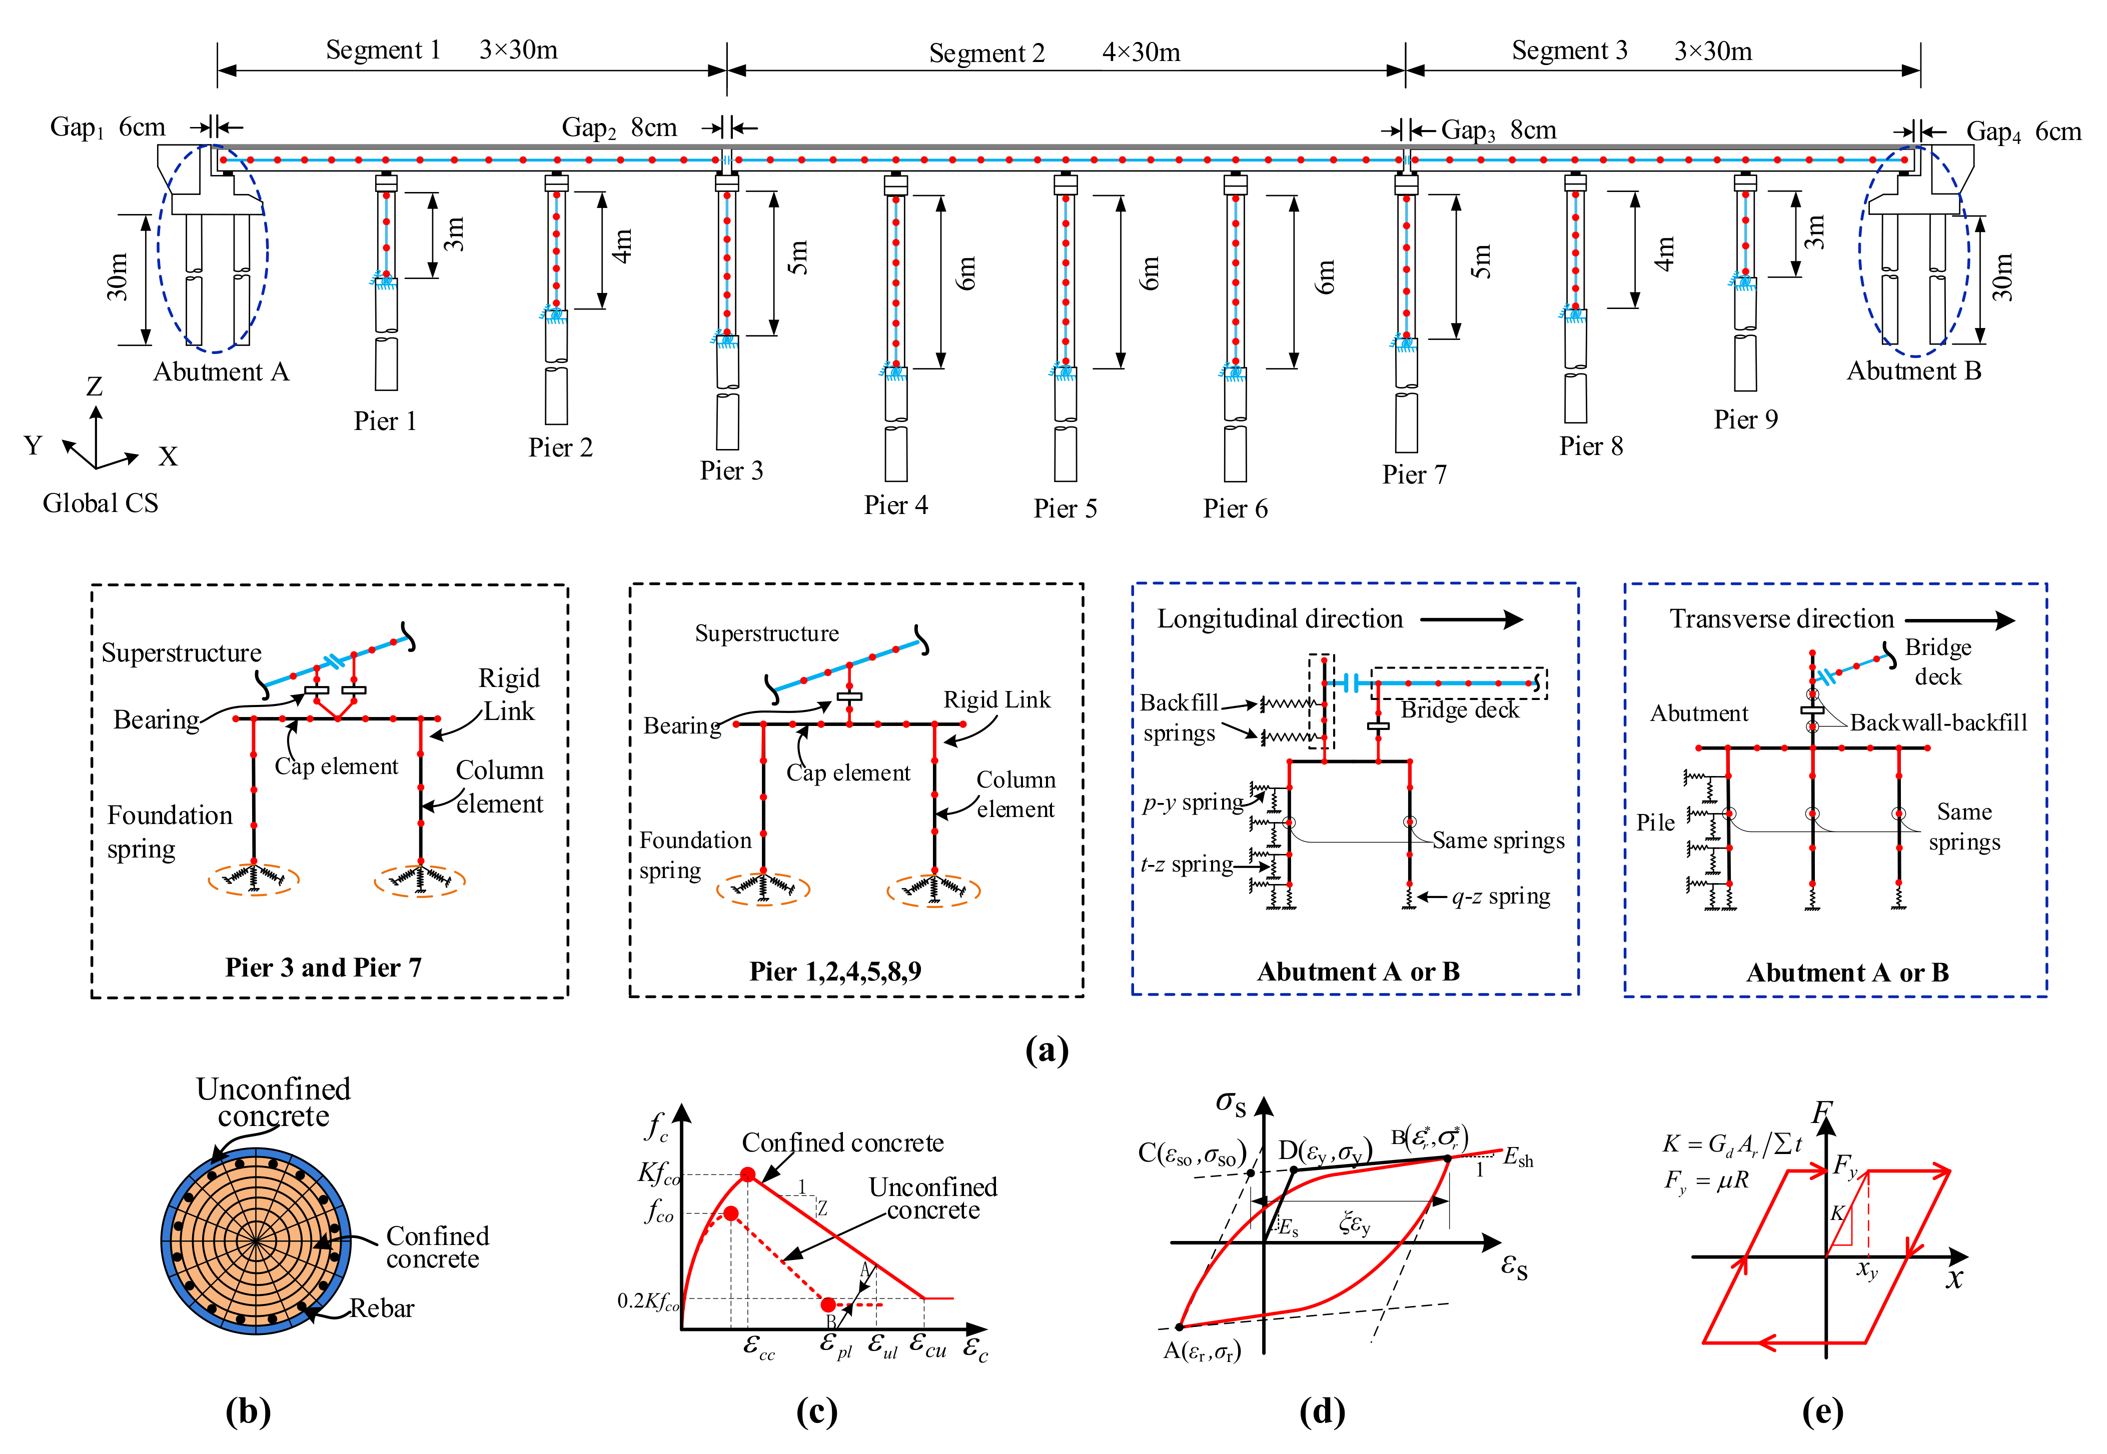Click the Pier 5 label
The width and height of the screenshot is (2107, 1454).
1065,508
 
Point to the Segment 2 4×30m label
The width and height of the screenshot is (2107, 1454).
1053,53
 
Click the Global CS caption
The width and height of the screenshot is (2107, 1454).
100,503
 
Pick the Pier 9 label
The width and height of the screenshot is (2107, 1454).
1745,419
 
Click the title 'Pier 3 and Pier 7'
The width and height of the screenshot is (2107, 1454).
324,967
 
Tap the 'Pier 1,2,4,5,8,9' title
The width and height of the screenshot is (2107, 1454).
835,971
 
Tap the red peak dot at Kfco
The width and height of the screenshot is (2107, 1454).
747,1174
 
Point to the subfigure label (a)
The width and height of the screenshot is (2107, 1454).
1046,1050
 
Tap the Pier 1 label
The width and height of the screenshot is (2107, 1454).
385,421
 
